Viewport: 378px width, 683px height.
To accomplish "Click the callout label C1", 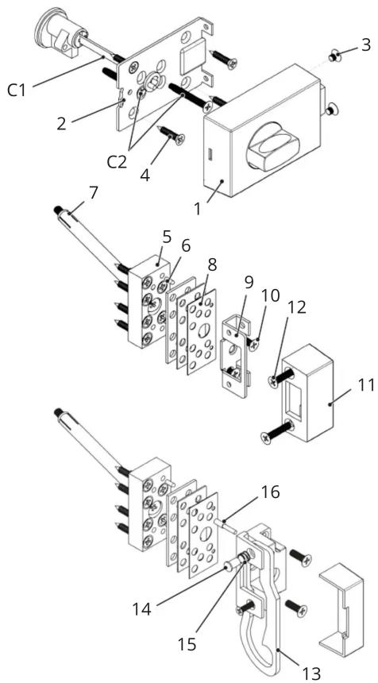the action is pyautogui.click(x=17, y=91).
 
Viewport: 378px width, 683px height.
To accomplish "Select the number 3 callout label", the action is pyautogui.click(x=365, y=44).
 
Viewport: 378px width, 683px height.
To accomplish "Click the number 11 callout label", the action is pyautogui.click(x=366, y=385).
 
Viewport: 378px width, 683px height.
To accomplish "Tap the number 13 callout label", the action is pyautogui.click(x=311, y=673).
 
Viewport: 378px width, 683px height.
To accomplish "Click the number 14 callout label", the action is pyautogui.click(x=141, y=609).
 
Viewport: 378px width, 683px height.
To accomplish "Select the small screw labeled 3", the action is pyautogui.click(x=334, y=56).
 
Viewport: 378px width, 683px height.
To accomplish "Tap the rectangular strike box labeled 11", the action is pyautogui.click(x=308, y=392).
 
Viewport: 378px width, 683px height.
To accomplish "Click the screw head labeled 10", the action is pyautogui.click(x=254, y=343).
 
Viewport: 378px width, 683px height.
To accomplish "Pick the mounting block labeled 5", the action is pyautogui.click(x=148, y=302).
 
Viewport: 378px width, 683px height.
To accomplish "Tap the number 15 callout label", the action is pyautogui.click(x=187, y=645).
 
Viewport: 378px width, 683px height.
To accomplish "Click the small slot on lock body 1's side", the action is pyautogui.click(x=210, y=154).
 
